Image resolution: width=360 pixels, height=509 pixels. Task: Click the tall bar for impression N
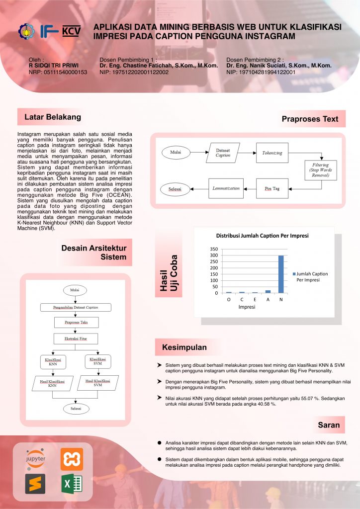281,274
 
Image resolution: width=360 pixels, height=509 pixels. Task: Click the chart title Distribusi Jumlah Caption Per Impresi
262,235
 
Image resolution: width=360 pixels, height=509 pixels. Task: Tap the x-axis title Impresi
247,307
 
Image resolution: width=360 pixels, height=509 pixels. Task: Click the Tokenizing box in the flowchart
272,153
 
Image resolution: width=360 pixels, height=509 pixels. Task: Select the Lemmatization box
226,188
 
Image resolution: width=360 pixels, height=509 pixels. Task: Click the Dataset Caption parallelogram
223,153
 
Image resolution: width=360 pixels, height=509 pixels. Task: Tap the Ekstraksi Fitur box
76,339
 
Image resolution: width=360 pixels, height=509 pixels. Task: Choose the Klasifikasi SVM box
97,361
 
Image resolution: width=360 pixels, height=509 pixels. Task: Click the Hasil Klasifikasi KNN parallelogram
52,383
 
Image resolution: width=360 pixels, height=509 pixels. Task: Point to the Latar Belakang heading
49,117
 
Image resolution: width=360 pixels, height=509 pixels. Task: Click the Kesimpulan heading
184,347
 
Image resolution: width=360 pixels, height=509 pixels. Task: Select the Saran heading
329,425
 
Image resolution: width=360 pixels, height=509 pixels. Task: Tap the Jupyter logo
35,459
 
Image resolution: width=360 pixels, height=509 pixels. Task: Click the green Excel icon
72,484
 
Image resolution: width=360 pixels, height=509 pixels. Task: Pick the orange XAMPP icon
72,459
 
